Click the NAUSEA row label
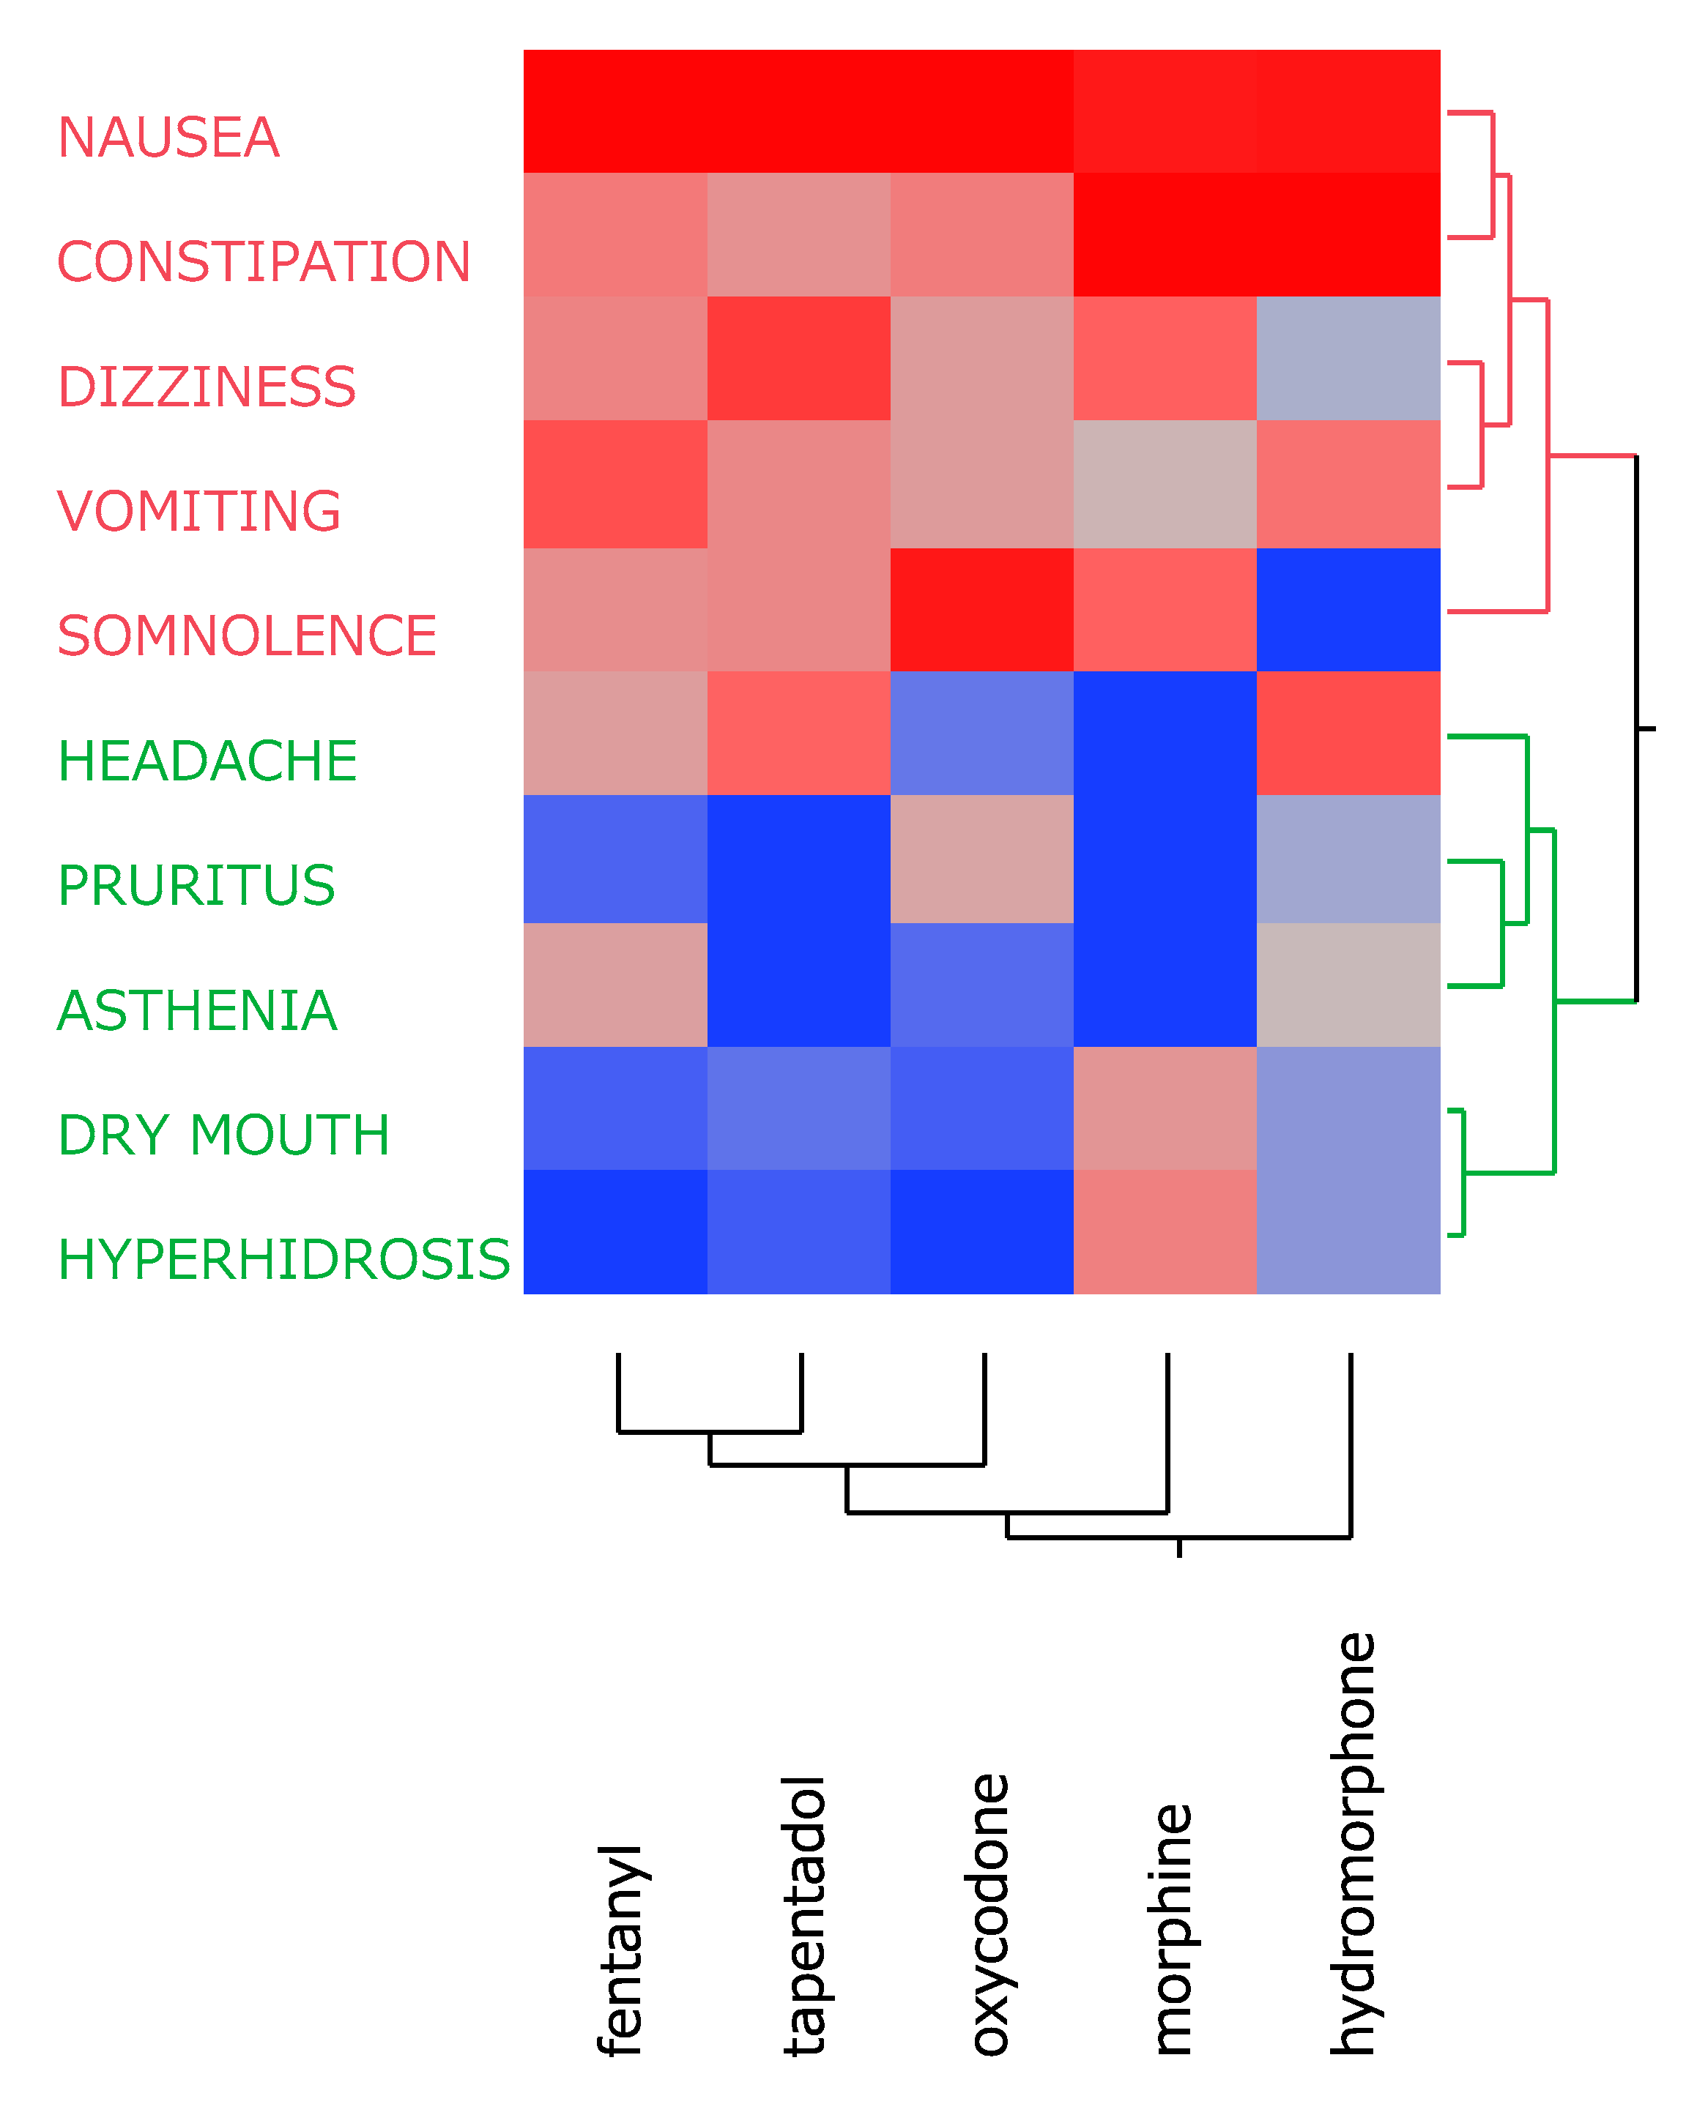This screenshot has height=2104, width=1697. tap(168, 138)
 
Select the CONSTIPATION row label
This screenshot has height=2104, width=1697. tap(264, 262)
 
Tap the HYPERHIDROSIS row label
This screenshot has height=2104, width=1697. tap(283, 1260)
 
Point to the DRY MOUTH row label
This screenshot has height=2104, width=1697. tap(223, 1135)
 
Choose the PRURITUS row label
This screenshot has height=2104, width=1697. tap(196, 887)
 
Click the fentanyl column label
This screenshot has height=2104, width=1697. tap(620, 1950)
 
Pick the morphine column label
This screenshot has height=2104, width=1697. tap(1172, 1929)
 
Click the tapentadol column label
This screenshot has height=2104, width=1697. tap(804, 1915)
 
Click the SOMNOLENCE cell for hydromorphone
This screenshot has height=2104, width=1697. tap(1348, 610)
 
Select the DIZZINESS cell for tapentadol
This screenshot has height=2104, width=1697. tap(798, 359)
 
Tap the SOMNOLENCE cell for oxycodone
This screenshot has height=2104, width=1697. tap(981, 610)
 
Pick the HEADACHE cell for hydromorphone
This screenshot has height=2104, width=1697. tap(1348, 733)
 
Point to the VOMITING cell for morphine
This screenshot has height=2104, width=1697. tap(1165, 484)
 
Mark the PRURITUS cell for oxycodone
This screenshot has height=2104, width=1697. tap(981, 859)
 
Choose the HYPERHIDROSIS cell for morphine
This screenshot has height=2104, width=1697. tap(1165, 1232)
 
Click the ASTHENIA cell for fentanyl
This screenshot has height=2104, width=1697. tap(615, 985)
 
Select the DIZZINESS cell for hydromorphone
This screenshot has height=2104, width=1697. tap(1348, 359)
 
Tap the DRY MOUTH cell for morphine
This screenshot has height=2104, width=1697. tap(1165, 1108)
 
